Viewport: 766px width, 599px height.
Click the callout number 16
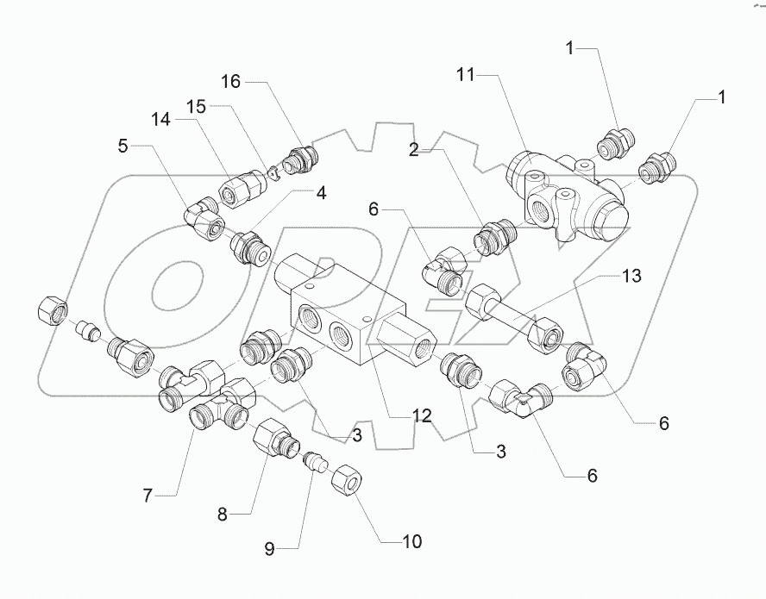tap(229, 82)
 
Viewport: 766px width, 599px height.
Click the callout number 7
tap(148, 496)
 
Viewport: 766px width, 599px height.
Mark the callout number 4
tap(321, 193)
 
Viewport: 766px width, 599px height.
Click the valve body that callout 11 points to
tap(565, 194)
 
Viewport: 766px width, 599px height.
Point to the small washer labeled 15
tap(272, 172)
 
